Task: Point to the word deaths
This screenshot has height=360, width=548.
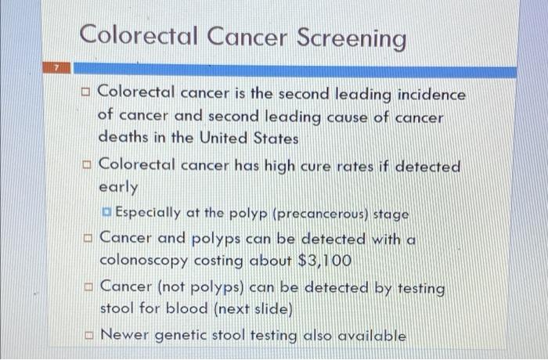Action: pyautogui.click(x=122, y=138)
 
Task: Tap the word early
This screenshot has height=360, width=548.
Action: pyautogui.click(x=118, y=188)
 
